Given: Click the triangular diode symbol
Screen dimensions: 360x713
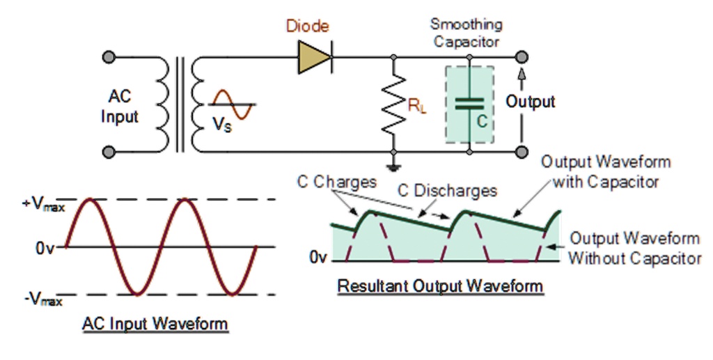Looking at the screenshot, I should tap(314, 56).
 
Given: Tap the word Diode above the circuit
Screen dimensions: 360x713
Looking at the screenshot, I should tap(308, 27).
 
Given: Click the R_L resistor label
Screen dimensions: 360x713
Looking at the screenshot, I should tap(417, 108).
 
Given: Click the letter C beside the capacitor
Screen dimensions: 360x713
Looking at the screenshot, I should tap(481, 120).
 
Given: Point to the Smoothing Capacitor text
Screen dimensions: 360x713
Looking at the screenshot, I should tap(467, 33).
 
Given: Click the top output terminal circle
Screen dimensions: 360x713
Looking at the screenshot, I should tap(522, 56).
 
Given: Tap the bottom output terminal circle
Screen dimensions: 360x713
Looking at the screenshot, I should tap(522, 150).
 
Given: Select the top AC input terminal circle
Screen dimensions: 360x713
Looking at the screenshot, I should tap(108, 56).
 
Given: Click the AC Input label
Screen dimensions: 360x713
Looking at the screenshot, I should tap(120, 107).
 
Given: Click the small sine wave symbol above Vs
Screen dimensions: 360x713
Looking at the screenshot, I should tap(229, 103).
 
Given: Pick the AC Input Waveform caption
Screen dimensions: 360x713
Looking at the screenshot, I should tap(155, 324).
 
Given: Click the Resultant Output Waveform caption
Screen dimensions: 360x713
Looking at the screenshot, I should tap(440, 286).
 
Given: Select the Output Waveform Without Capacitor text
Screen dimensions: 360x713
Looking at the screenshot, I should tap(634, 248).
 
